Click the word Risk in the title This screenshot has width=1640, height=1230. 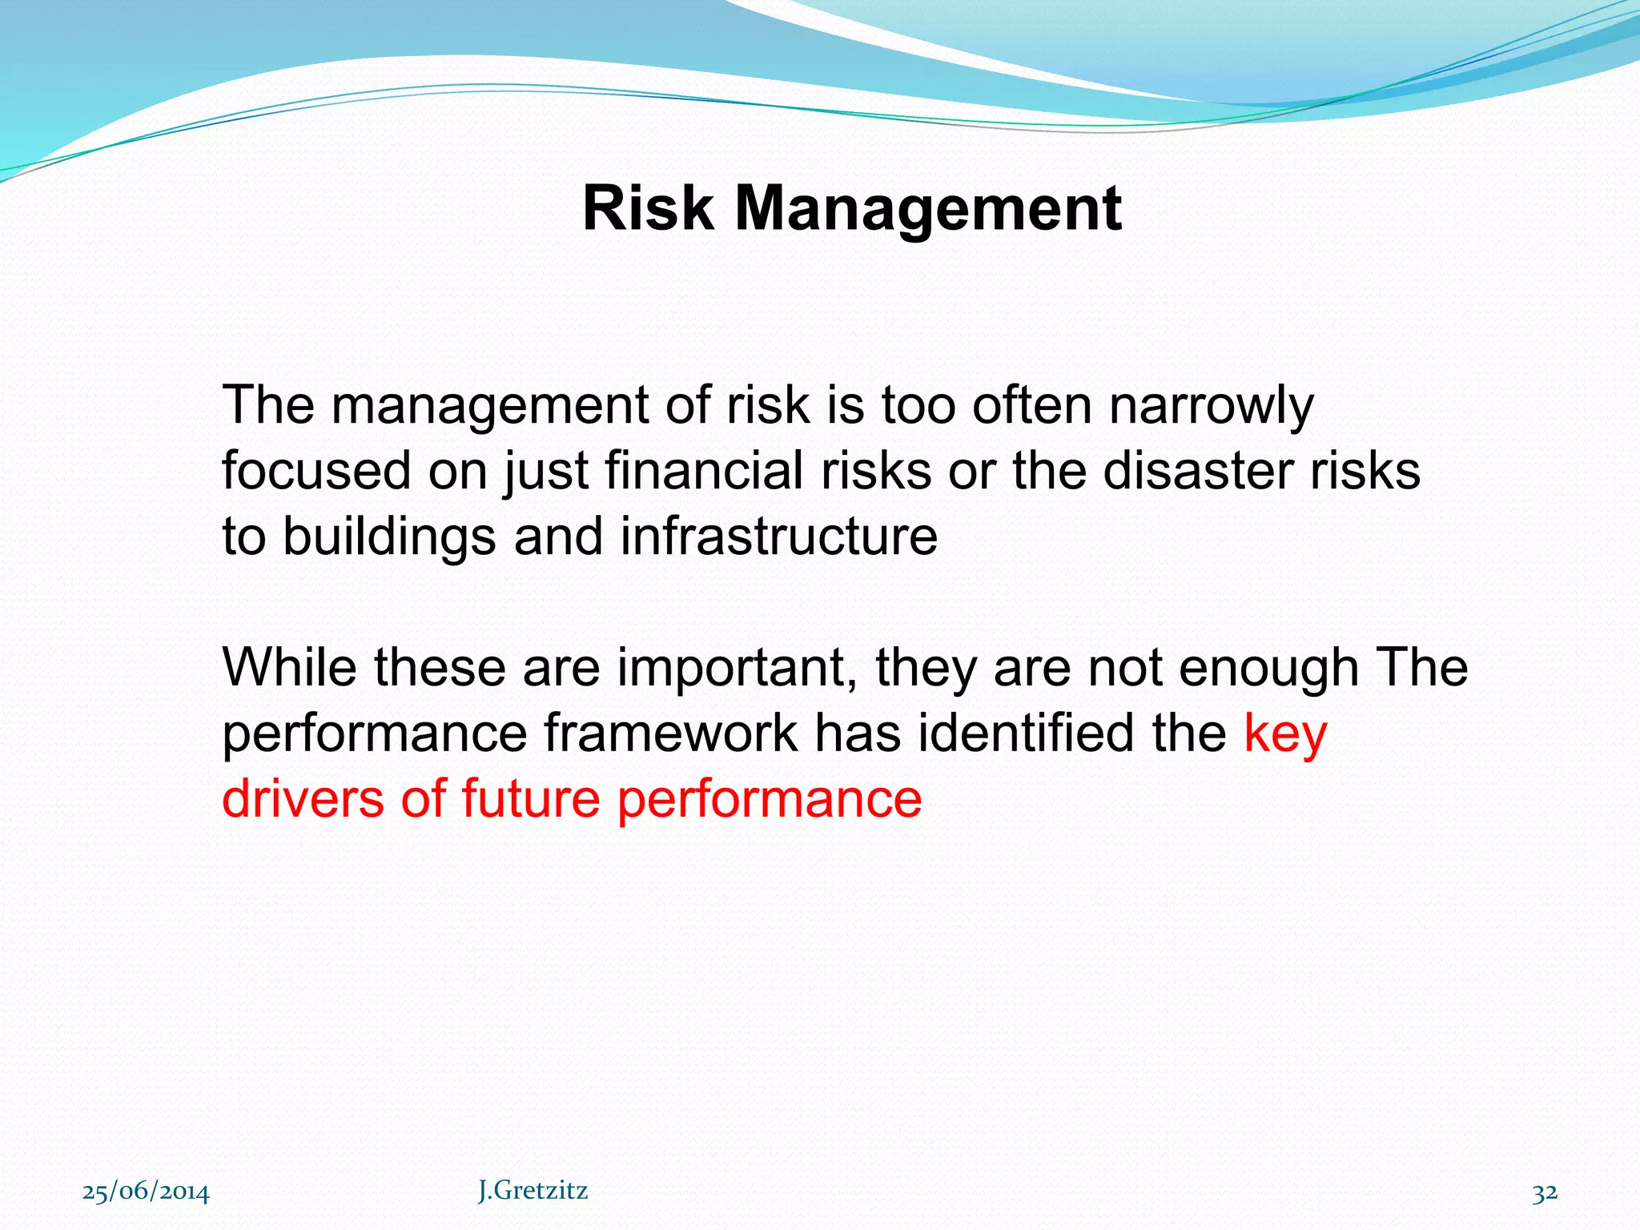pos(647,208)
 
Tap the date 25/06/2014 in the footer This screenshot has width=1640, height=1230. pos(146,1192)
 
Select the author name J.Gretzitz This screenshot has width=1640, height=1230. pos(533,1191)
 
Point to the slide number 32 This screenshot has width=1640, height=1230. pos(1545,1192)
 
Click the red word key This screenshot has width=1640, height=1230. pos(1285,734)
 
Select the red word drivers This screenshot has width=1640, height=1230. pos(302,798)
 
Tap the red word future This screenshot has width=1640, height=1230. pos(529,798)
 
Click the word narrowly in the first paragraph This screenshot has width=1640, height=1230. pos(1211,406)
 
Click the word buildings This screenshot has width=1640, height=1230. pos(388,537)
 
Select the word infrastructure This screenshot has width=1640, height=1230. pos(778,537)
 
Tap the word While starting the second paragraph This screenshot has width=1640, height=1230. pos(289,667)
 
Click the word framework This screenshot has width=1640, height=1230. pos(670,734)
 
